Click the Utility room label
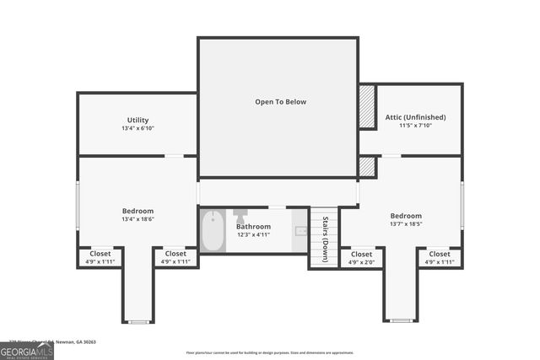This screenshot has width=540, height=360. click(x=138, y=120)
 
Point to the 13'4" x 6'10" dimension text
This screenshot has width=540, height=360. click(x=138, y=128)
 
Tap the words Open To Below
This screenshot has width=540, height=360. click(x=281, y=102)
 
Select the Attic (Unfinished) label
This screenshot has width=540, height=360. click(x=415, y=117)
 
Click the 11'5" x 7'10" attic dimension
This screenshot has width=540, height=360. click(x=415, y=126)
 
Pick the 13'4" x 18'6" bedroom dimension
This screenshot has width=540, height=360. click(x=138, y=219)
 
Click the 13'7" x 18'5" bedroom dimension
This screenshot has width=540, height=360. click(x=406, y=225)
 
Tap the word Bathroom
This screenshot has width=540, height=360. click(x=253, y=226)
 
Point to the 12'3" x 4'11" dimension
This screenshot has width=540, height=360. click(x=253, y=234)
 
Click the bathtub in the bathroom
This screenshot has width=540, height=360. click(x=213, y=231)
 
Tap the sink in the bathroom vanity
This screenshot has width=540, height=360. click(x=300, y=230)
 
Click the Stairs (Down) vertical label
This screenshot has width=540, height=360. click(x=324, y=239)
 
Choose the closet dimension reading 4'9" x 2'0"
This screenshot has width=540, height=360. click(x=361, y=261)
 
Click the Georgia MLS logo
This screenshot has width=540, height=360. click(x=26, y=350)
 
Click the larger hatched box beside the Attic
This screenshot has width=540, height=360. click(x=367, y=106)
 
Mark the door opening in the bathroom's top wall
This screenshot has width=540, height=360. click(x=277, y=207)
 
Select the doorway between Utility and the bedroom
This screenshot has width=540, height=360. click(x=174, y=156)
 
